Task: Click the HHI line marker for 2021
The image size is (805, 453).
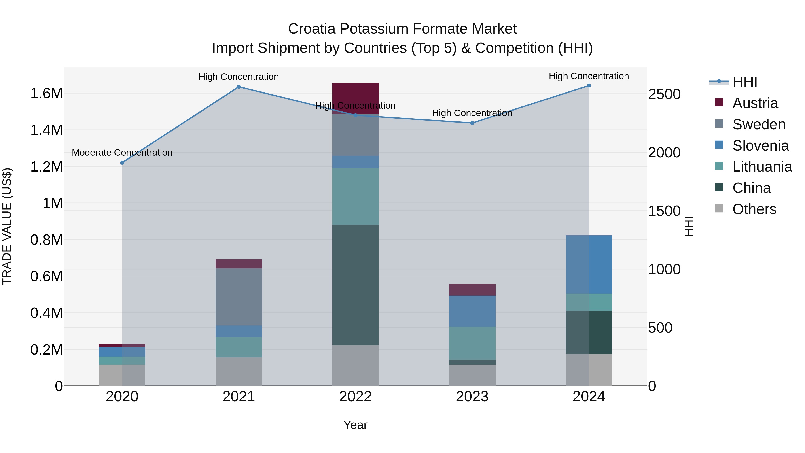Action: point(239,87)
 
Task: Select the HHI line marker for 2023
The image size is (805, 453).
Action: point(472,123)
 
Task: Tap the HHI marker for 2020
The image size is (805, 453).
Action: point(122,163)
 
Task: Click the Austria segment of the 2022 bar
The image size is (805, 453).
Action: point(355,94)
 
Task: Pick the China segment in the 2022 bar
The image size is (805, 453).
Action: point(355,285)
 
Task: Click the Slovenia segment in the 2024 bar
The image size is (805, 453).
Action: point(589,264)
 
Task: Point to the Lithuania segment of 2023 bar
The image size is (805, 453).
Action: point(472,343)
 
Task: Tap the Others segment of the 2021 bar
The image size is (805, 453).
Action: point(239,371)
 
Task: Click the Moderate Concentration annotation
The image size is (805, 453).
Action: point(122,153)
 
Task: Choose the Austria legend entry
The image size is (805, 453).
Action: point(755,103)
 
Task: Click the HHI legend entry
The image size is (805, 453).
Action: point(745,82)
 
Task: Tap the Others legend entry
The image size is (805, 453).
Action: point(754,209)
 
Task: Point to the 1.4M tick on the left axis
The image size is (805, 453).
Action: point(46,130)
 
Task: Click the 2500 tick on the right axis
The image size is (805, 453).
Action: point(664,94)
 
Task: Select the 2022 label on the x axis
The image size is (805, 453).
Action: point(355,397)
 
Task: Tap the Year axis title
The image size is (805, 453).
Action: point(355,425)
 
